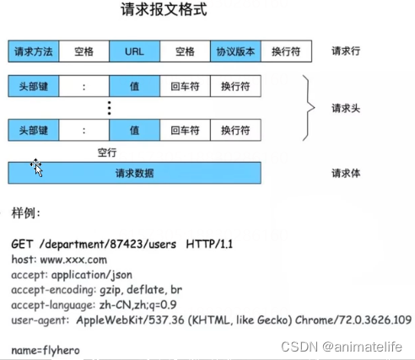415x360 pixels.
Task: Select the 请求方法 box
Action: point(34,51)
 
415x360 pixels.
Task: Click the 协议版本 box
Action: point(235,51)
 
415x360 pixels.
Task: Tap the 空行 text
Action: point(107,153)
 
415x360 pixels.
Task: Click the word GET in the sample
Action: point(22,244)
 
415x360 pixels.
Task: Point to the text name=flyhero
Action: point(46,348)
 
